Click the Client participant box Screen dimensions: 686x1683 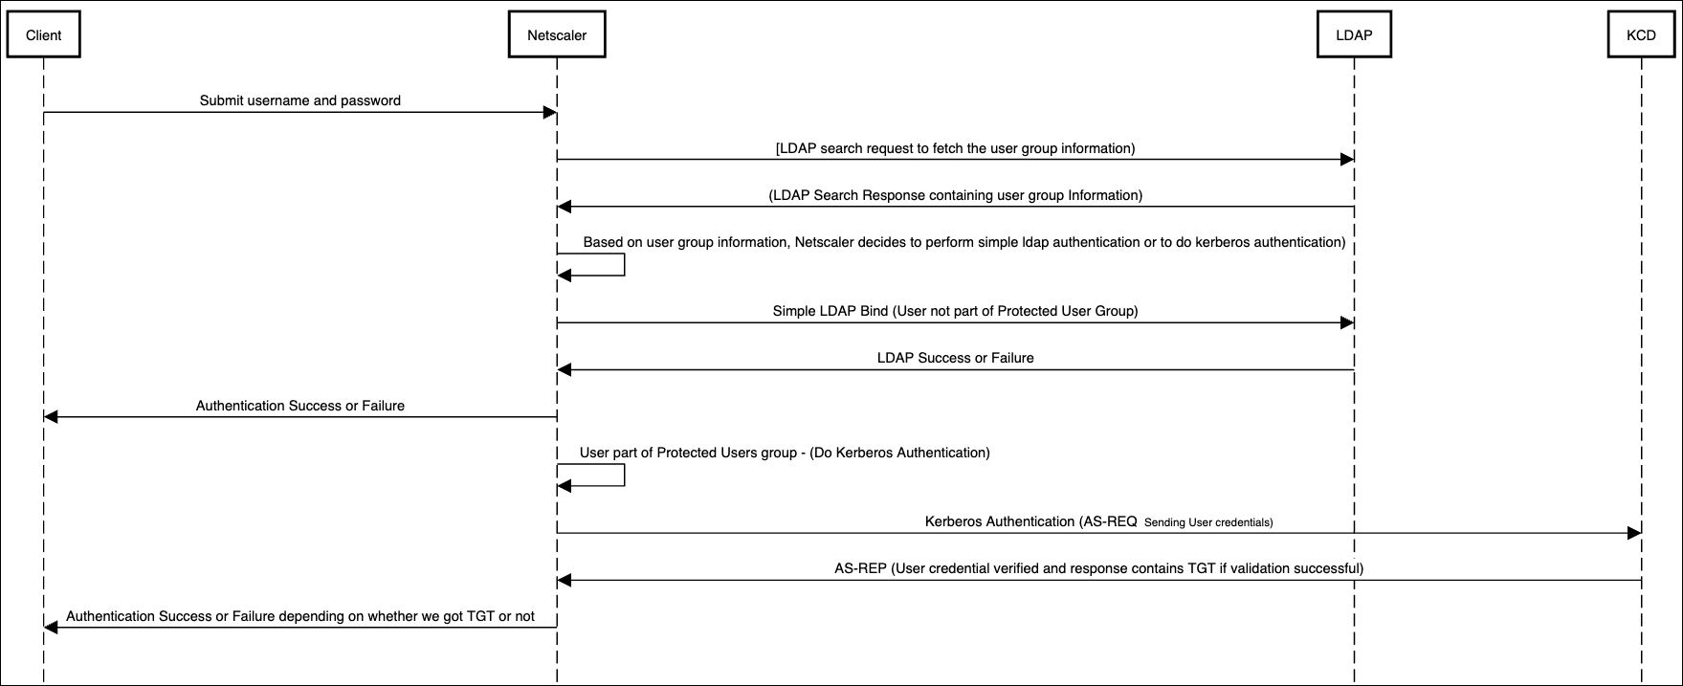pos(43,35)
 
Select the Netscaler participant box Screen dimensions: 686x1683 pos(557,35)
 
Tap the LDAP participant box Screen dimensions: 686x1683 pos(1354,35)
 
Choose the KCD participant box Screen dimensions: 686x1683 pos(1641,35)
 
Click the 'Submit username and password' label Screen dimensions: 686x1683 pos(299,100)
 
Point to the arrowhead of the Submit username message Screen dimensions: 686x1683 pos(550,113)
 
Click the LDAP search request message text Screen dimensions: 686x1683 pos(955,148)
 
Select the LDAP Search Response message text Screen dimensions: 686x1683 pos(955,195)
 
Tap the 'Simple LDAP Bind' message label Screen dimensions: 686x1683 pos(955,311)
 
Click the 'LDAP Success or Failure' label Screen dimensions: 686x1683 pos(955,358)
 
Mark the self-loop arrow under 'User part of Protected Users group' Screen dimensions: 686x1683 pos(612,476)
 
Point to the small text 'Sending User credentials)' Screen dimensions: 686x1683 pos(1208,522)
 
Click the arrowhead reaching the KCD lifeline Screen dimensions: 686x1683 pos(1635,533)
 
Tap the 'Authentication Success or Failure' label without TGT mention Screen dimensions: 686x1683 pos(299,406)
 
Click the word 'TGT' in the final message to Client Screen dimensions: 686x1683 pos(479,616)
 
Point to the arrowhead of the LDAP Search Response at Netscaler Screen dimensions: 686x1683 pos(565,207)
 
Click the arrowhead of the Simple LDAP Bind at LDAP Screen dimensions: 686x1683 pos(1347,323)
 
